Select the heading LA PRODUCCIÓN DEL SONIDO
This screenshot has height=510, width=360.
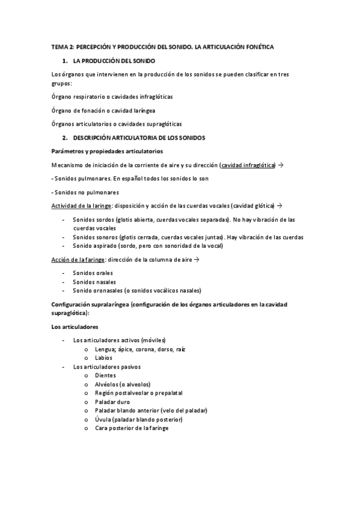pyautogui.click(x=114, y=61)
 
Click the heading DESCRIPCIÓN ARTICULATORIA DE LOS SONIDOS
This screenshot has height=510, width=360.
pyautogui.click(x=139, y=138)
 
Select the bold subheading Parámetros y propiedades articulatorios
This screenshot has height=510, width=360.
pyautogui.click(x=107, y=150)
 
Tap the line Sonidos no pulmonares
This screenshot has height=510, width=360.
pyautogui.click(x=86, y=192)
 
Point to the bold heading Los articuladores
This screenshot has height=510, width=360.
pyautogui.click(x=75, y=327)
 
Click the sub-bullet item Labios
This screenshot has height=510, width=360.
pyautogui.click(x=103, y=357)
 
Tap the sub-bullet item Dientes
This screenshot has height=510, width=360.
pyautogui.click(x=105, y=375)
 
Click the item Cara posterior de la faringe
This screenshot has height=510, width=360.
pyautogui.click(x=132, y=428)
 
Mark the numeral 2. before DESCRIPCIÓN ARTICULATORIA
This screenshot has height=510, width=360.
pyautogui.click(x=65, y=138)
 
